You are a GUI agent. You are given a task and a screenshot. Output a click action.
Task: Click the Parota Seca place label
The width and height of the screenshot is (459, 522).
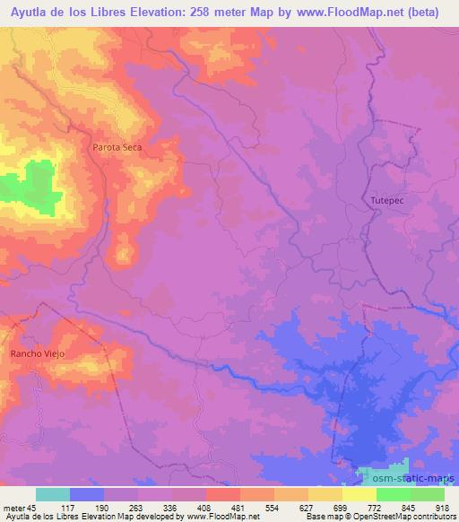(x=117, y=147)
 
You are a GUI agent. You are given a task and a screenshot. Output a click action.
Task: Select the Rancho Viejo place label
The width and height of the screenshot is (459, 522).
(x=35, y=354)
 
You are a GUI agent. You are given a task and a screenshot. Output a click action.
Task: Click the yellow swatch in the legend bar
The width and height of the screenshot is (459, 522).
(x=359, y=494)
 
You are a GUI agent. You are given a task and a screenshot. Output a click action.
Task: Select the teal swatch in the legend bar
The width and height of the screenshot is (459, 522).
(x=53, y=494)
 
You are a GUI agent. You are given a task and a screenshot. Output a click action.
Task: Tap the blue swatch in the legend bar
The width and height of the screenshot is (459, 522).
(x=87, y=494)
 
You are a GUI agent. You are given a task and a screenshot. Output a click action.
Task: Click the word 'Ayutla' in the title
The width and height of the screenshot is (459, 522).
(x=29, y=11)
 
